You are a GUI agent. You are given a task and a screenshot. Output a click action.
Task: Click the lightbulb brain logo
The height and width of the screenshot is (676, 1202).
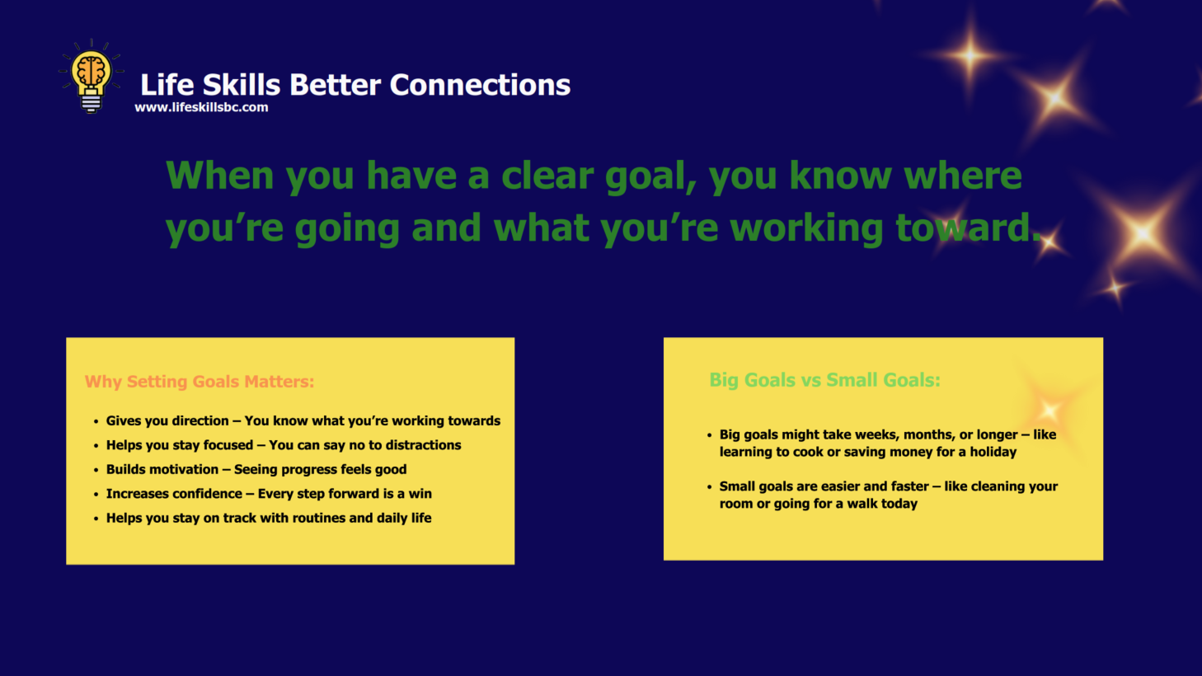coord(92,76)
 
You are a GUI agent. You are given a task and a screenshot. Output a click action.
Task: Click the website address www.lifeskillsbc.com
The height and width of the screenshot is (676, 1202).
coord(201,107)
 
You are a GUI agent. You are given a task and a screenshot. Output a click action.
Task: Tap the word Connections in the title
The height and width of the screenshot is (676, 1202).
coord(480,85)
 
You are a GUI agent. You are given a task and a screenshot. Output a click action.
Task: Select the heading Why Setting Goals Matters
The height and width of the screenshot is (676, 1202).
coord(199,382)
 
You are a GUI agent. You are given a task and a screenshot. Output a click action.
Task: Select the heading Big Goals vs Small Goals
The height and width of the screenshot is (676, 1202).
coord(824,380)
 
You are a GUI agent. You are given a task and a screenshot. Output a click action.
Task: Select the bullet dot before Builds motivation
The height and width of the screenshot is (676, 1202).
coord(96,471)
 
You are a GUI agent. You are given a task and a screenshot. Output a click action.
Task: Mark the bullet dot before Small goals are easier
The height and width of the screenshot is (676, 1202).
coord(709,487)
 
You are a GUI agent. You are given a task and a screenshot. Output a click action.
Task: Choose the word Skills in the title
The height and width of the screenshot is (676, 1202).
coord(242,85)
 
